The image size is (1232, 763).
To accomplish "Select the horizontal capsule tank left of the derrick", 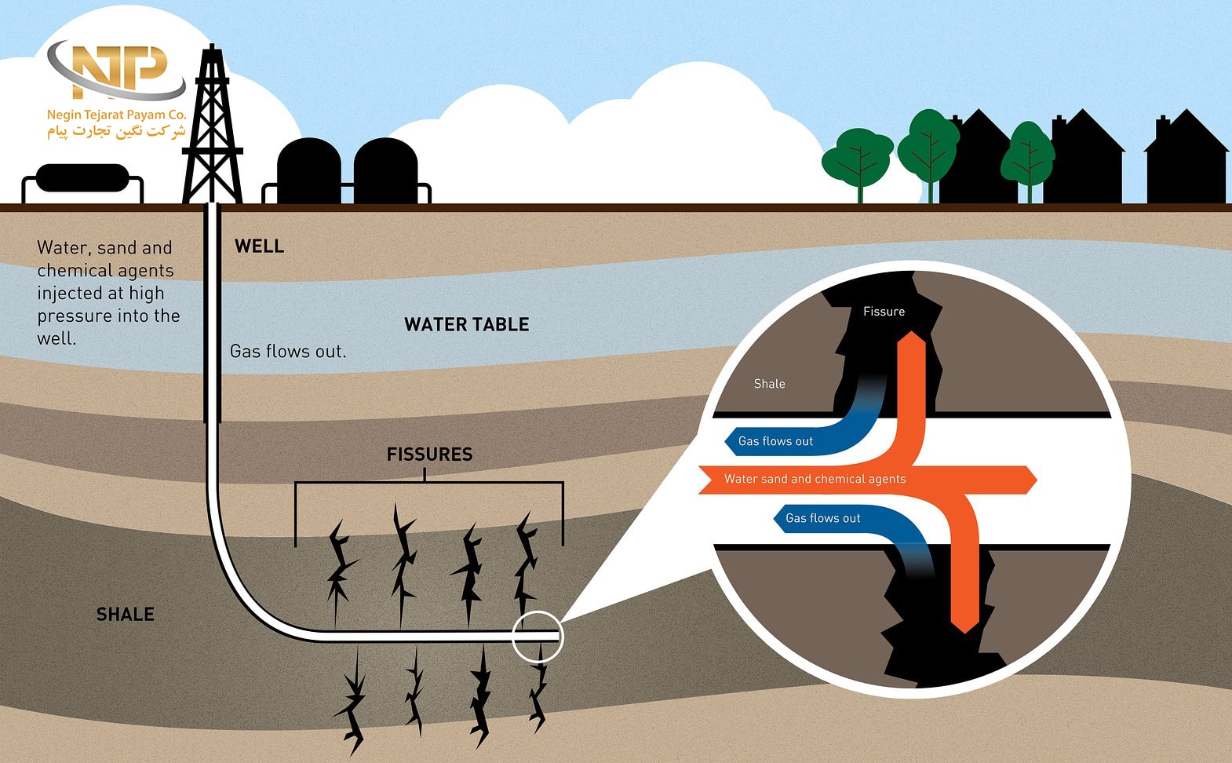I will click(82, 178).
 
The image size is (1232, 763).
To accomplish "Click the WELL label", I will click(259, 246).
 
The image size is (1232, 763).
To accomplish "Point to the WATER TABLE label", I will click(466, 324).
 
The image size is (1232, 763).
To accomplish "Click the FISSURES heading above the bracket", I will click(429, 455).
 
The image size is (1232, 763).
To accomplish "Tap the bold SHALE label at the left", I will click(125, 615).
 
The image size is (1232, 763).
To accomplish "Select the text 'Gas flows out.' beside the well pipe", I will click(287, 352).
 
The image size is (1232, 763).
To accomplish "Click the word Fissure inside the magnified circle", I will click(884, 312).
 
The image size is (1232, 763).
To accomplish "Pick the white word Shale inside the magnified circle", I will click(769, 384).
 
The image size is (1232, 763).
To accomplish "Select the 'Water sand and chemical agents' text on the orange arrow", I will click(815, 479).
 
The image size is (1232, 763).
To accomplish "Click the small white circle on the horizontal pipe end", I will click(538, 636).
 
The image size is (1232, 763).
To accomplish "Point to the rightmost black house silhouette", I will click(1186, 161).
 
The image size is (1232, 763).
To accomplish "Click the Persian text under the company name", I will click(116, 131).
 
